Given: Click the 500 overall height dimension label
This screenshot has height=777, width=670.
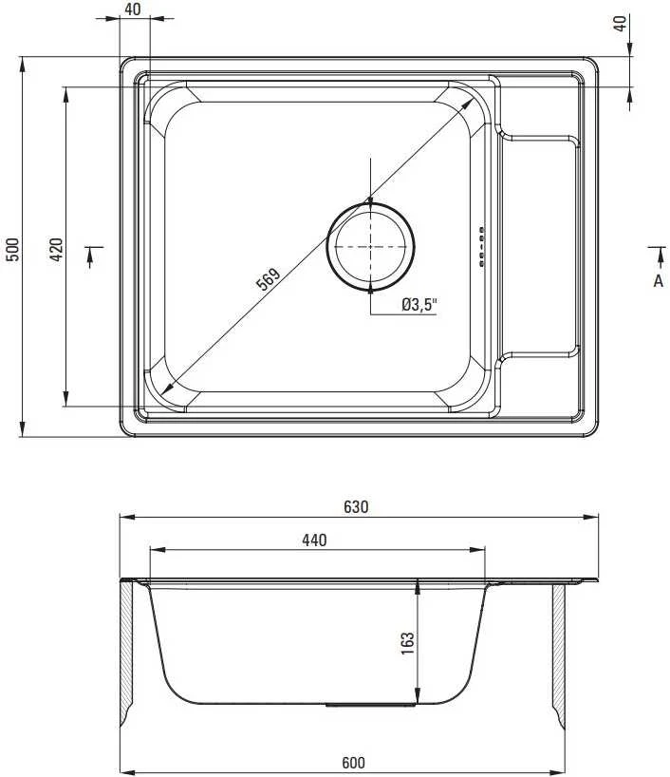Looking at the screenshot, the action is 13,249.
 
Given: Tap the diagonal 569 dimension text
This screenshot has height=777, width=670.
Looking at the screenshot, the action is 268,278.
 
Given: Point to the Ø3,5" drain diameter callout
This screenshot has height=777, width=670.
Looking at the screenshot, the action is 419,305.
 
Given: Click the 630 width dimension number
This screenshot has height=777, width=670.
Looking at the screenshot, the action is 356,507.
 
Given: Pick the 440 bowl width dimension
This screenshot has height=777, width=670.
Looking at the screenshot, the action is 314,540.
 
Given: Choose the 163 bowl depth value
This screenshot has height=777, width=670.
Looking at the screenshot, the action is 407,643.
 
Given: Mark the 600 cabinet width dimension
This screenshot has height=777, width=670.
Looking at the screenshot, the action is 353,762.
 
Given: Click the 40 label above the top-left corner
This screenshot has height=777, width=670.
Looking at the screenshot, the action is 132,9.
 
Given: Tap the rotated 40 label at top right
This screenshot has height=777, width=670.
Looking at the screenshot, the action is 620,24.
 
